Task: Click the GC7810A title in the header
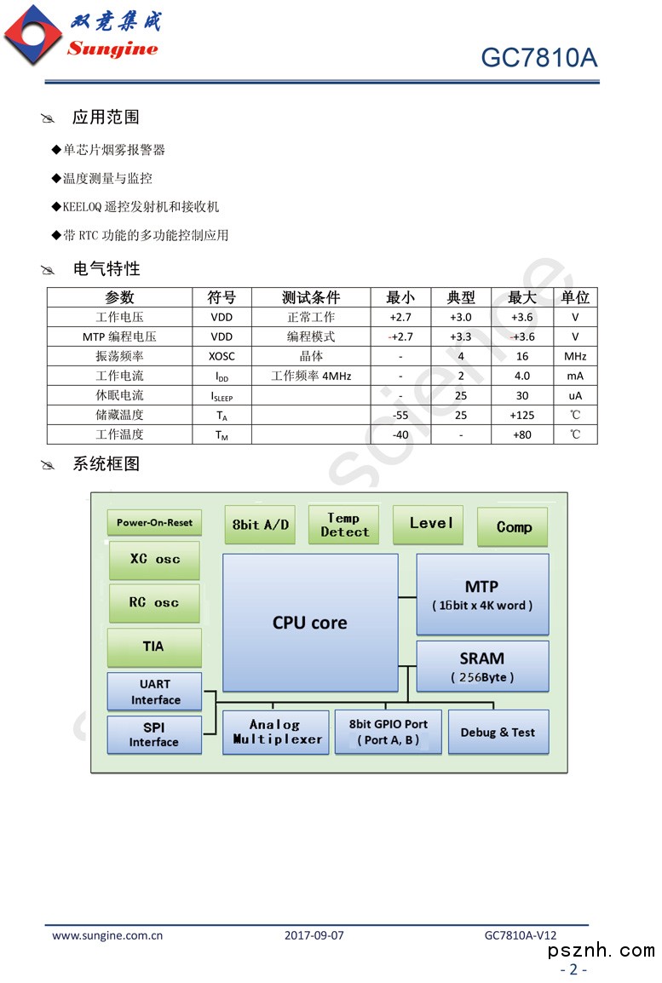point(538,57)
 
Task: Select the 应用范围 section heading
point(106,117)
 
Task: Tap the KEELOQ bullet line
point(141,206)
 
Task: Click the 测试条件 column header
point(311,297)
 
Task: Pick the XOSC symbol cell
point(222,356)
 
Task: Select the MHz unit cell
point(575,356)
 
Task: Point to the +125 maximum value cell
point(521,415)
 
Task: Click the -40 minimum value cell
point(400,434)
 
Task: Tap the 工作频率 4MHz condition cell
point(311,376)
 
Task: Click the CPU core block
point(310,623)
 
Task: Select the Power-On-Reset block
point(154,522)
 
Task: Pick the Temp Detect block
point(344,525)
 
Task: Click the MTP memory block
point(482,595)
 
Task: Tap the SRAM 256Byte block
point(482,667)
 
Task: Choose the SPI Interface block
point(154,734)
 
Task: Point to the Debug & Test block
point(498,732)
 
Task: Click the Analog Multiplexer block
point(275,732)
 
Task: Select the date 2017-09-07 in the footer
point(314,934)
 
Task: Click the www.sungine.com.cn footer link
point(107,934)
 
